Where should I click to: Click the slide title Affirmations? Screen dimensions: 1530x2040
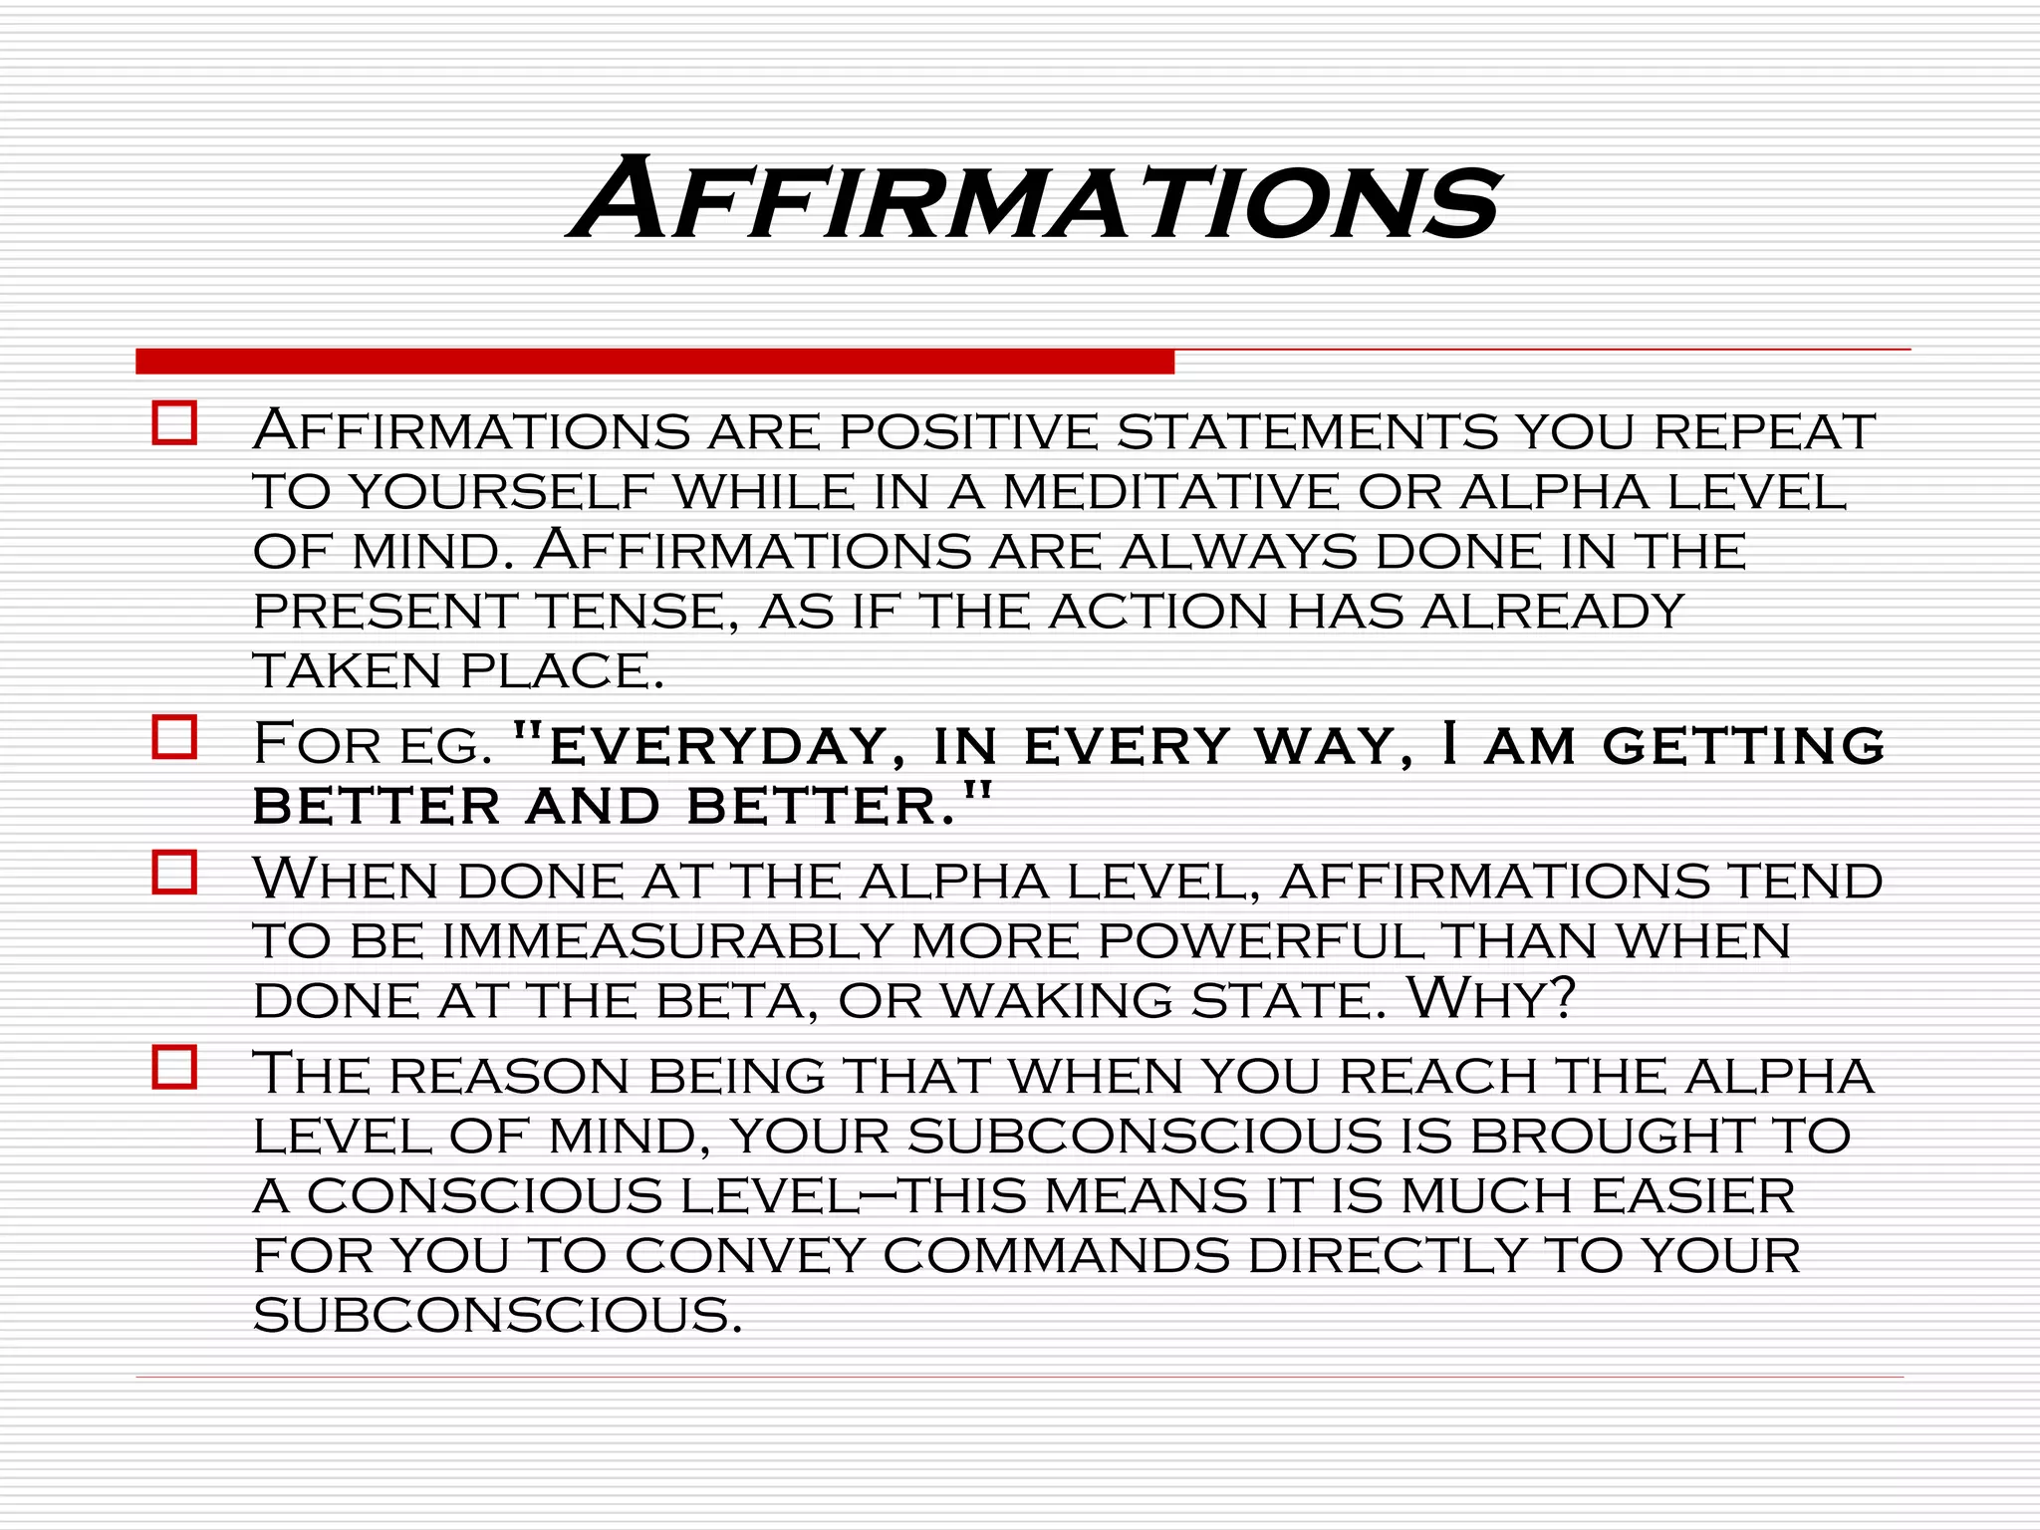(1034, 199)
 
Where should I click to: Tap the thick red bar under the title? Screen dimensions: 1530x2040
(654, 362)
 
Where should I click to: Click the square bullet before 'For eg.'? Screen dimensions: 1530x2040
(174, 737)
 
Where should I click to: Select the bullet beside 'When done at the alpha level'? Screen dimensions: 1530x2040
(174, 873)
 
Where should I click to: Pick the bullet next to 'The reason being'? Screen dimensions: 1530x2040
(174, 1068)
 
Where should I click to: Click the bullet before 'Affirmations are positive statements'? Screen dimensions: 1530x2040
(174, 423)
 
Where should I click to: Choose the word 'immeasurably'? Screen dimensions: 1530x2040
(667, 941)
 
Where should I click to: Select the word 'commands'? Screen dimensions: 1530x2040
(1056, 1255)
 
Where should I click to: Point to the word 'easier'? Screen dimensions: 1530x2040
(1692, 1195)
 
